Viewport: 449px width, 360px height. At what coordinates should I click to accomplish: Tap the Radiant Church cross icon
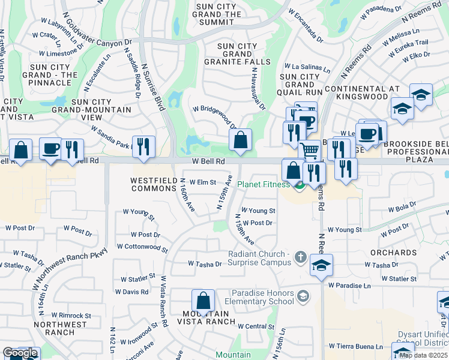coord(301,259)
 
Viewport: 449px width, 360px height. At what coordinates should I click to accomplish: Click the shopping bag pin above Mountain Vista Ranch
coord(203,301)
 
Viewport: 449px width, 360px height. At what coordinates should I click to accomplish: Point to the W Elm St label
coord(202,182)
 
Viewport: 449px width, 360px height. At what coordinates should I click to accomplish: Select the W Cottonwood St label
coord(142,247)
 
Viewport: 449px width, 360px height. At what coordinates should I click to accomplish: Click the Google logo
coord(20,353)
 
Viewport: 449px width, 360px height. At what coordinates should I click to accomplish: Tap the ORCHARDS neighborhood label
coord(393,253)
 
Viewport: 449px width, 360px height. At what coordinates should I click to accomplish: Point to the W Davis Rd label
coord(135,292)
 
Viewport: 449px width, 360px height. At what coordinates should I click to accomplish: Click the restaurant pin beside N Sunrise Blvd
coord(143,146)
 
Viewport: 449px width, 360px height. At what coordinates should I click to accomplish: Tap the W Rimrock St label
coord(71,315)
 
